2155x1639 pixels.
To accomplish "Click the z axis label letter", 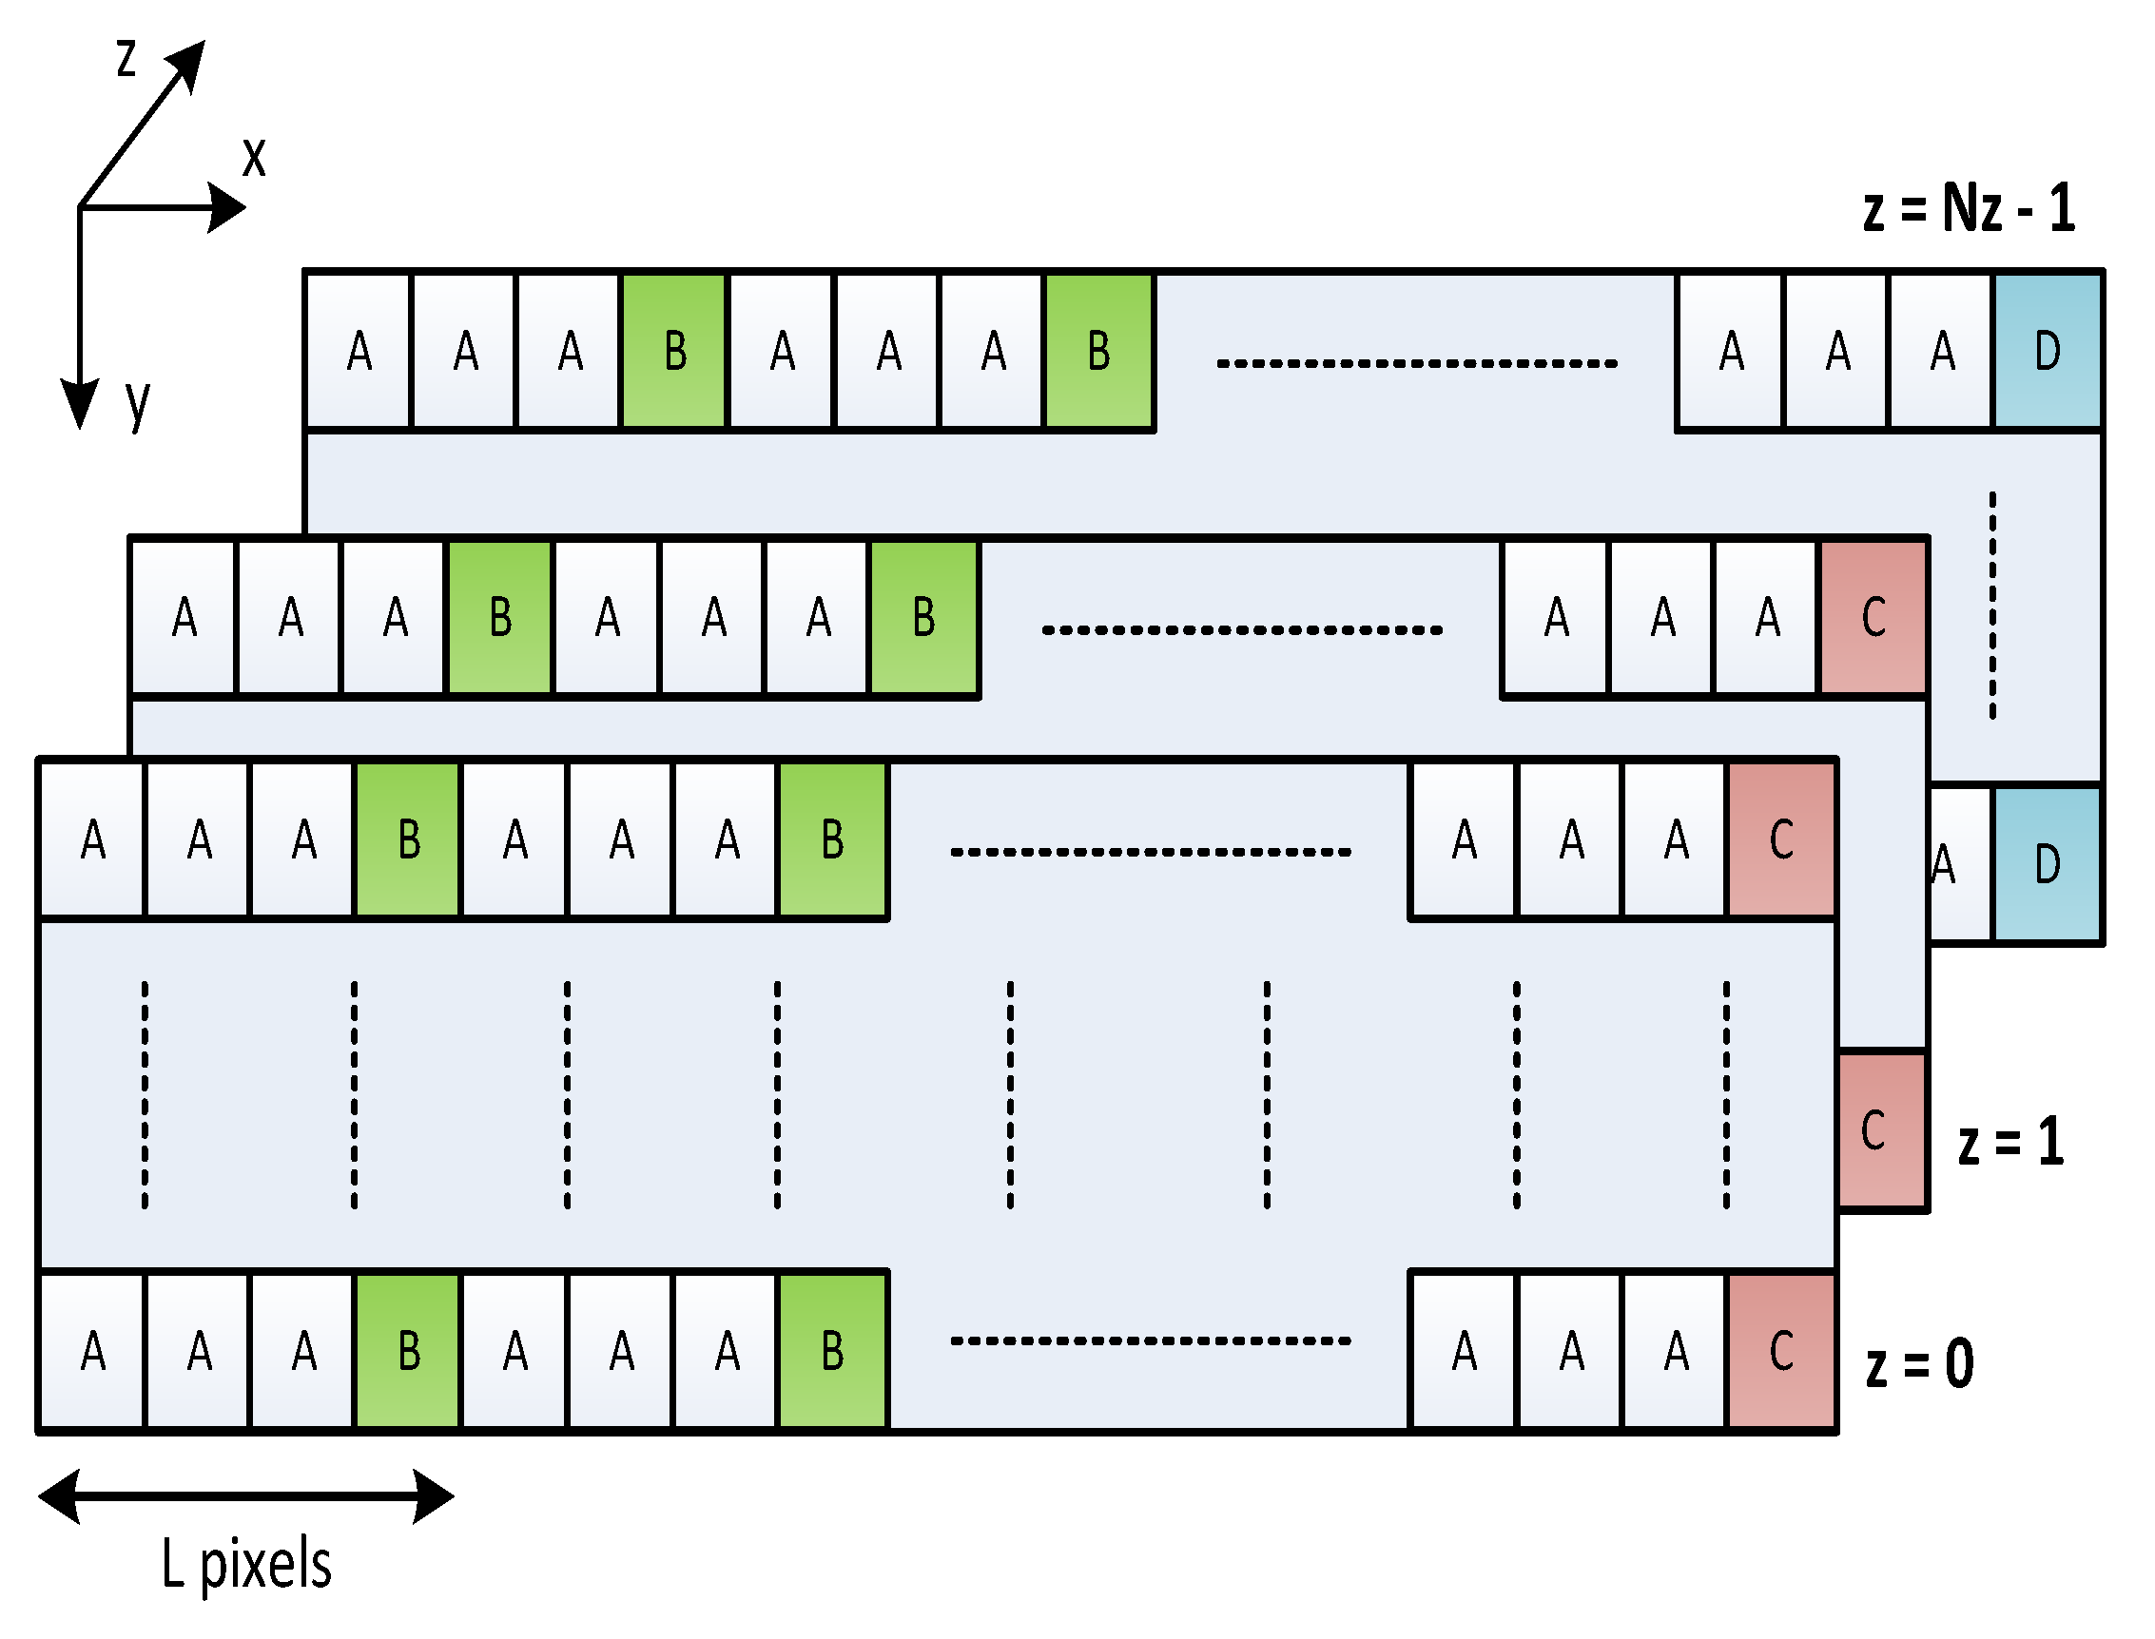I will tap(126, 59).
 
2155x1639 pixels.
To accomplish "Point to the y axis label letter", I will tap(138, 402).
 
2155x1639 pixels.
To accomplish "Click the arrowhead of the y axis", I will tap(79, 403).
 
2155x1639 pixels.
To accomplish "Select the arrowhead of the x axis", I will tap(226, 207).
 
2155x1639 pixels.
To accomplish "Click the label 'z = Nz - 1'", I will tap(1968, 208).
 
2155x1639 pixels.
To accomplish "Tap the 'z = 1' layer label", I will tap(2010, 1143).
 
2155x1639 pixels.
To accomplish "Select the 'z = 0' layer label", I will tap(1919, 1364).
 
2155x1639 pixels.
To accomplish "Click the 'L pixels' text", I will tap(246, 1564).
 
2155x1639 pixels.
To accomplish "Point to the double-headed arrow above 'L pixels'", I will tap(246, 1495).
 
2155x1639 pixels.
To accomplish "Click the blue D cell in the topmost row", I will tap(2047, 351).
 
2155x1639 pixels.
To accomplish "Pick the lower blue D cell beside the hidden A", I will tap(2047, 864).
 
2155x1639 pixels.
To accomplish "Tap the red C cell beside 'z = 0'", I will tap(1781, 1352).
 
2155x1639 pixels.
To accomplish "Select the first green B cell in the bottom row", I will tap(408, 1352).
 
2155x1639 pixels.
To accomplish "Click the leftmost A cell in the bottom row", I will tap(91, 1352).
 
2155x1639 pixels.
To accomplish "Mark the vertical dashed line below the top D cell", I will tap(1992, 606).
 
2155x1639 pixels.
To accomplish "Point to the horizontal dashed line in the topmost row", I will tap(1416, 363).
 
